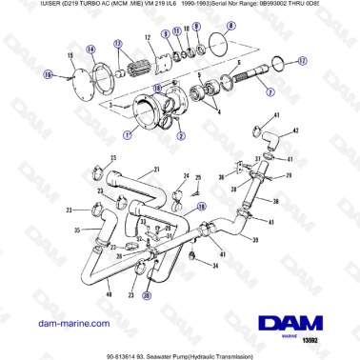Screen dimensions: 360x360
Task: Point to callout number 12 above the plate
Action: pos(149,37)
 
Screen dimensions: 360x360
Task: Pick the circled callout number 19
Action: pos(200,206)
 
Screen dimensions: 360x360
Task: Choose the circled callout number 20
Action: pos(147,295)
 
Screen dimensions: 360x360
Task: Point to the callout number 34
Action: pos(215,268)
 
